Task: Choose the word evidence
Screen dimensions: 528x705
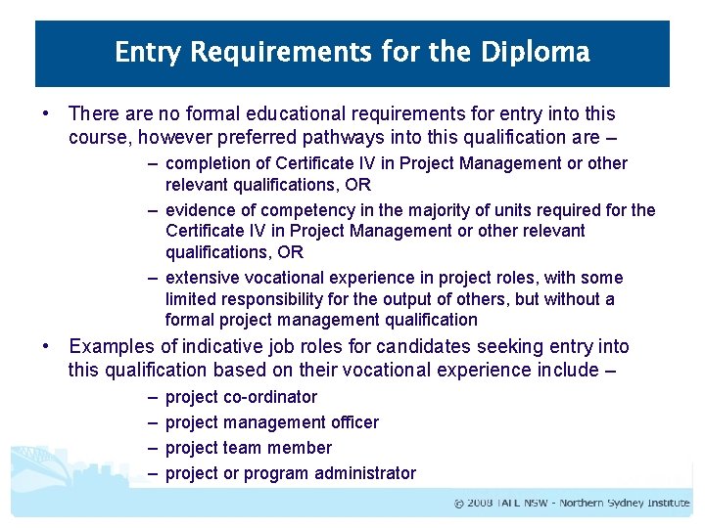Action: tap(201, 210)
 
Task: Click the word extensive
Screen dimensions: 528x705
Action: tap(204, 278)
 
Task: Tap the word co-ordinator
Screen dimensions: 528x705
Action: tap(272, 397)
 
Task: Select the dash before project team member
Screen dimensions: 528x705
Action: tap(153, 448)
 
